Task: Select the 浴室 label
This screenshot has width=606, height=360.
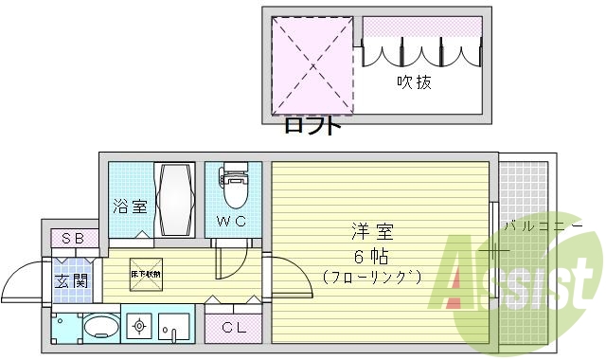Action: (x=130, y=205)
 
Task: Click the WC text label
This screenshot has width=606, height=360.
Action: (x=232, y=223)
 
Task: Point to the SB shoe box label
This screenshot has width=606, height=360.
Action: (x=73, y=237)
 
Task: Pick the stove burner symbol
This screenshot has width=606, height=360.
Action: (x=140, y=328)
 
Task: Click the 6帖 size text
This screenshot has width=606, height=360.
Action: (x=370, y=255)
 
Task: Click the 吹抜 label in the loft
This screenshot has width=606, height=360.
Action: (x=414, y=82)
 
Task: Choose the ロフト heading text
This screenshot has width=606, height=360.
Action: (x=310, y=126)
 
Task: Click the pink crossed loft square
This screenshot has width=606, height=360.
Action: (x=310, y=63)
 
